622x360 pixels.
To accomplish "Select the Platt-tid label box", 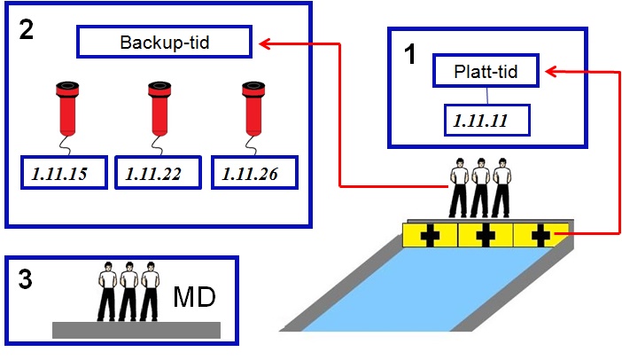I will [485, 70].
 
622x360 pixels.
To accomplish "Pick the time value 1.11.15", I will [64, 174].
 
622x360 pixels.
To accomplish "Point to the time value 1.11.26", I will [254, 174].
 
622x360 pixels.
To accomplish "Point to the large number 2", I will [27, 29].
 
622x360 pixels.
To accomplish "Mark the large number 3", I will [27, 281].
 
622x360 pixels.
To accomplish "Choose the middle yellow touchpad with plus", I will [485, 236].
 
